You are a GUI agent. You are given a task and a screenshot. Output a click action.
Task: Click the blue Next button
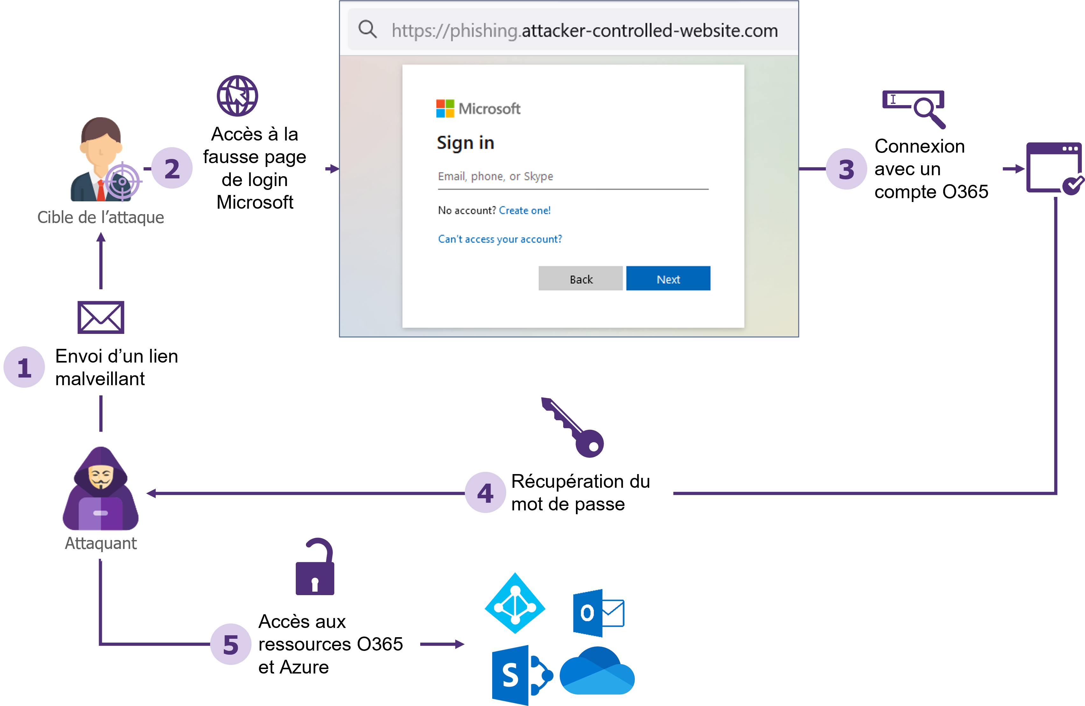(668, 279)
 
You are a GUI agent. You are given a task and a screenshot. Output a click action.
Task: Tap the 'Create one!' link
(524, 210)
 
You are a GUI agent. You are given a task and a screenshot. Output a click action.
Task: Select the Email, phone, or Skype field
(573, 177)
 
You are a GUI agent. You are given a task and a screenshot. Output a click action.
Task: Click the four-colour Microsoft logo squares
(445, 109)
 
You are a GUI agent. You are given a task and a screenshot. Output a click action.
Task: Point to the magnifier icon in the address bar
(367, 30)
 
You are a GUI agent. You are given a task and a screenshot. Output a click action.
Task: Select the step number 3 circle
(846, 169)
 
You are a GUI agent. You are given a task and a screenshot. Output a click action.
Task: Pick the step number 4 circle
(485, 493)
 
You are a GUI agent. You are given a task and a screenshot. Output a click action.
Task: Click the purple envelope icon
(101, 317)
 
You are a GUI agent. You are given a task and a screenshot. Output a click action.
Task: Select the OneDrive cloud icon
(597, 670)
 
